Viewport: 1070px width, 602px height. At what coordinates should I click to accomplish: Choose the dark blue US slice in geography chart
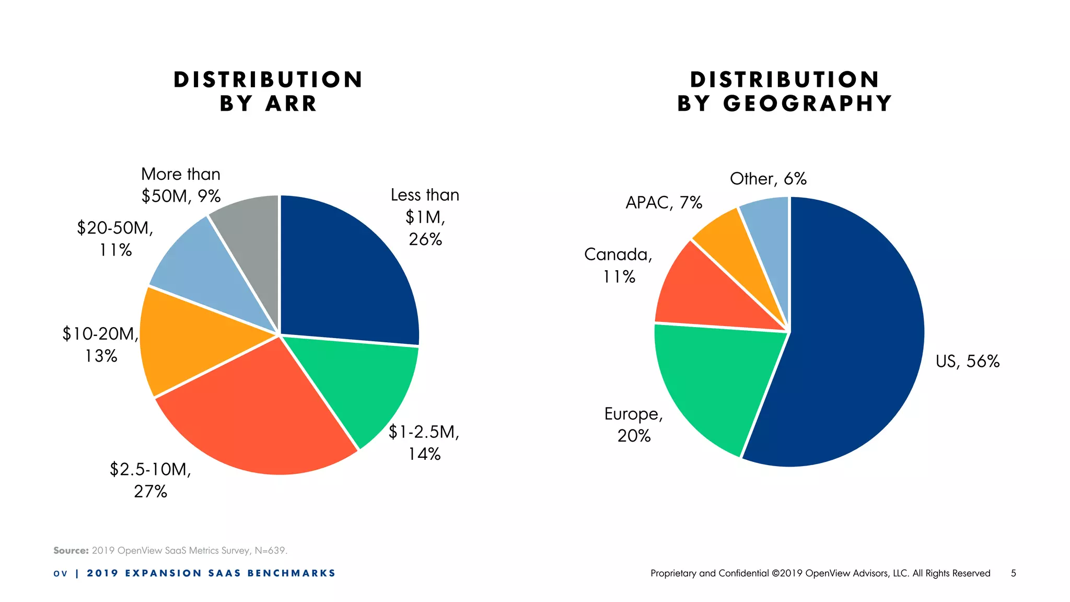(857, 334)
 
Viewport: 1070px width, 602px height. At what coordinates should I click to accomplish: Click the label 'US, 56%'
(967, 361)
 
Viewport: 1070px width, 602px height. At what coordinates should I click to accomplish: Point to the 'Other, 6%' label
(768, 179)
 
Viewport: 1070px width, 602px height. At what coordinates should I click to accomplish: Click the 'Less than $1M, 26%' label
(425, 217)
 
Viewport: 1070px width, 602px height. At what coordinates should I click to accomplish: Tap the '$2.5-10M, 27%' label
(150, 480)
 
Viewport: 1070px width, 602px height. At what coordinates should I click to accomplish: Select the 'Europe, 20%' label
(634, 424)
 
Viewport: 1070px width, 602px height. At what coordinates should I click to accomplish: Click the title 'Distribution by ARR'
(268, 91)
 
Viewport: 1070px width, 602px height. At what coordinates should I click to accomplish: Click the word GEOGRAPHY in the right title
(807, 103)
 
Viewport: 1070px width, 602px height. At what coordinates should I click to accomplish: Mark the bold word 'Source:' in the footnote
(71, 550)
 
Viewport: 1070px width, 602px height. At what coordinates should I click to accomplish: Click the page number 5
(1013, 573)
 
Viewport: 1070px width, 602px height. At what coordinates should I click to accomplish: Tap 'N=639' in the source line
(271, 550)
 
